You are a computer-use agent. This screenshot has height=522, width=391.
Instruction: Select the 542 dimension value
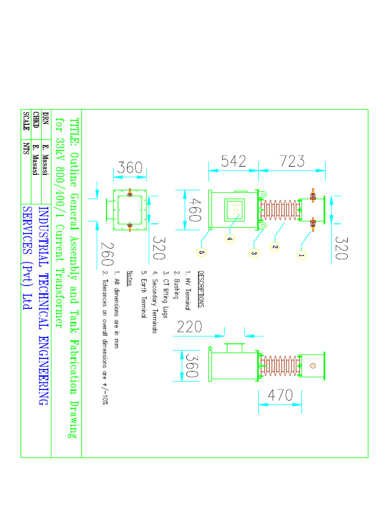click(x=234, y=162)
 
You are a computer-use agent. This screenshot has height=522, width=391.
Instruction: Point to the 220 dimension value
click(x=190, y=327)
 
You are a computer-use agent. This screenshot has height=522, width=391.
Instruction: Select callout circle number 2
click(x=275, y=246)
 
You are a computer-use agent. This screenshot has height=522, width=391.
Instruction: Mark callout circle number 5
click(x=202, y=251)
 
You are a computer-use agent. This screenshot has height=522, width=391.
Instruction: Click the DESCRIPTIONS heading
click(x=201, y=290)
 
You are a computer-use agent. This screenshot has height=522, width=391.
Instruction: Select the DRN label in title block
click(x=46, y=118)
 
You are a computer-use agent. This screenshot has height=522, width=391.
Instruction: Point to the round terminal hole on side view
click(x=313, y=365)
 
